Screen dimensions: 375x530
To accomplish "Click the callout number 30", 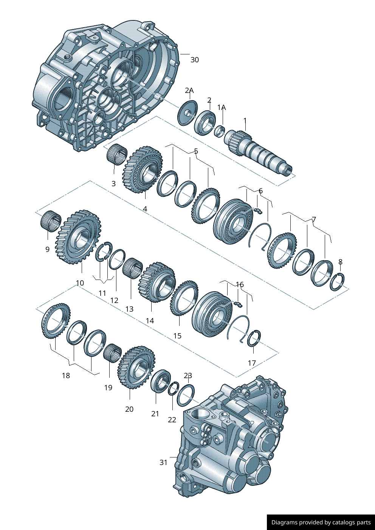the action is pyautogui.click(x=195, y=60).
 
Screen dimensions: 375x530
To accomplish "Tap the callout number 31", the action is pyautogui.click(x=163, y=462).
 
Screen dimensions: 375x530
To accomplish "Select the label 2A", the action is pyautogui.click(x=189, y=90).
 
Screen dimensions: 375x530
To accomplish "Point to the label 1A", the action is pyautogui.click(x=222, y=107).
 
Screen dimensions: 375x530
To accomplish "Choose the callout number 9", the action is pyautogui.click(x=47, y=249).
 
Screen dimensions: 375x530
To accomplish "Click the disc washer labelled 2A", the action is pyautogui.click(x=188, y=113).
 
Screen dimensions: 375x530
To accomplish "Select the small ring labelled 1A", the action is pyautogui.click(x=220, y=131).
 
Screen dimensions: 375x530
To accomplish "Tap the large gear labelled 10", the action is pyautogui.click(x=78, y=236).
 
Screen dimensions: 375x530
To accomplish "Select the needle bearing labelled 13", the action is pyautogui.click(x=133, y=269).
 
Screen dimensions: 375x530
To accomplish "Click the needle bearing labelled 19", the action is pyautogui.click(x=113, y=353).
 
